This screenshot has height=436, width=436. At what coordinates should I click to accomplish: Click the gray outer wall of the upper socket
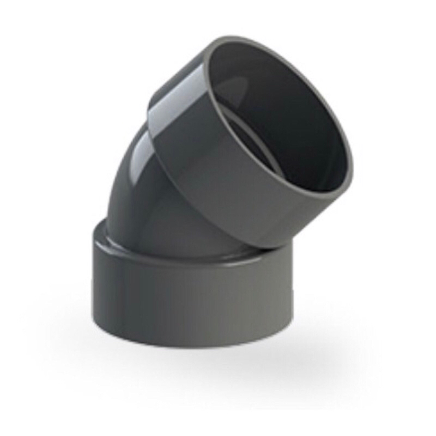click(218, 180)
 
